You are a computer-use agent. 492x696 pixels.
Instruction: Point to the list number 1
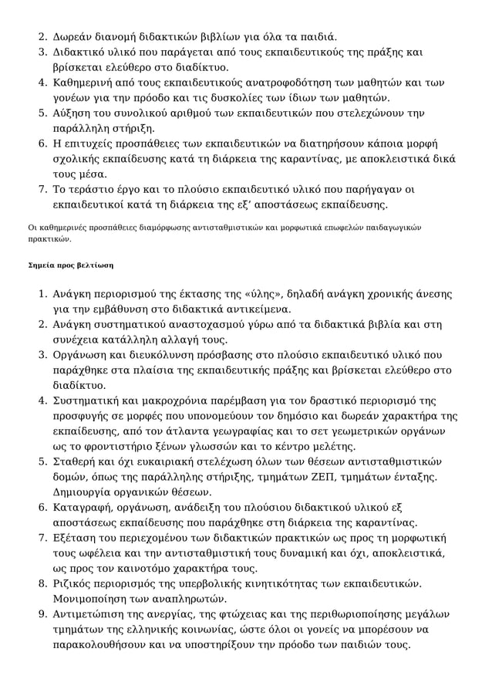click(x=43, y=294)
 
